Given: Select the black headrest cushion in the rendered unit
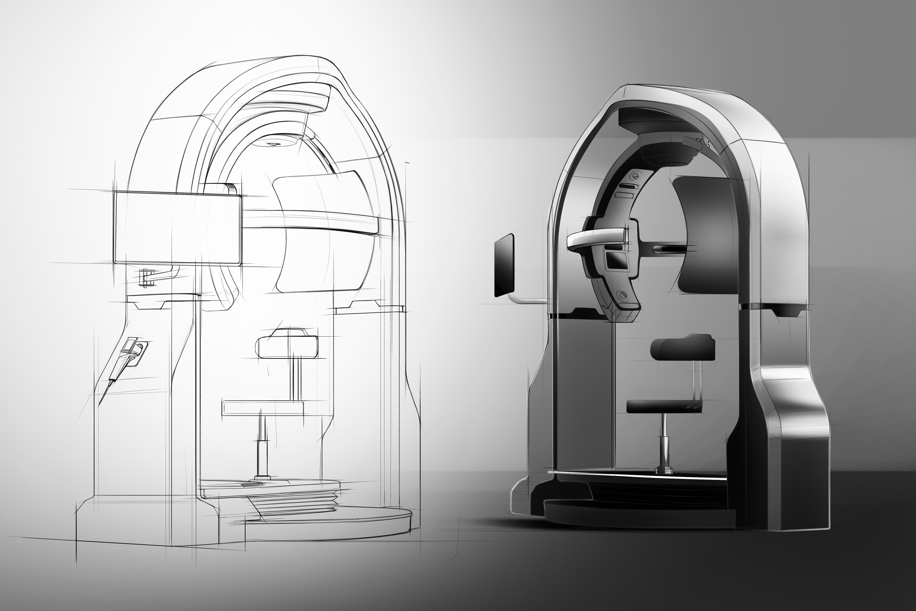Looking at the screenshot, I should tap(682, 349).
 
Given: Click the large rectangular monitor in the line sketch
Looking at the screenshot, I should tap(177, 228).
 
